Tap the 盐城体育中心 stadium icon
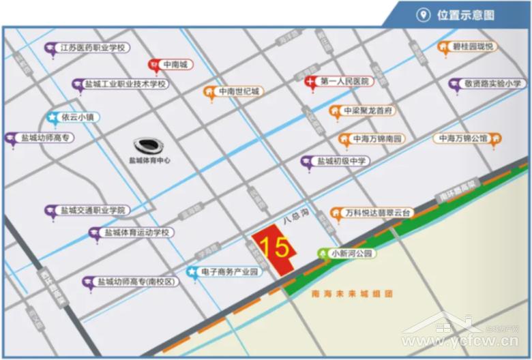(x=149, y=146)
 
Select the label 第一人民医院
(x=344, y=81)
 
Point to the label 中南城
(x=178, y=65)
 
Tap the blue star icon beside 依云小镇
(x=52, y=117)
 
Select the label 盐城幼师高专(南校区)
(x=136, y=282)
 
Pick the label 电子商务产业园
(x=231, y=271)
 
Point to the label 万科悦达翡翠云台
(x=379, y=213)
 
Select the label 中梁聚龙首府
(x=368, y=110)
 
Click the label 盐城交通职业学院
(x=93, y=211)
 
